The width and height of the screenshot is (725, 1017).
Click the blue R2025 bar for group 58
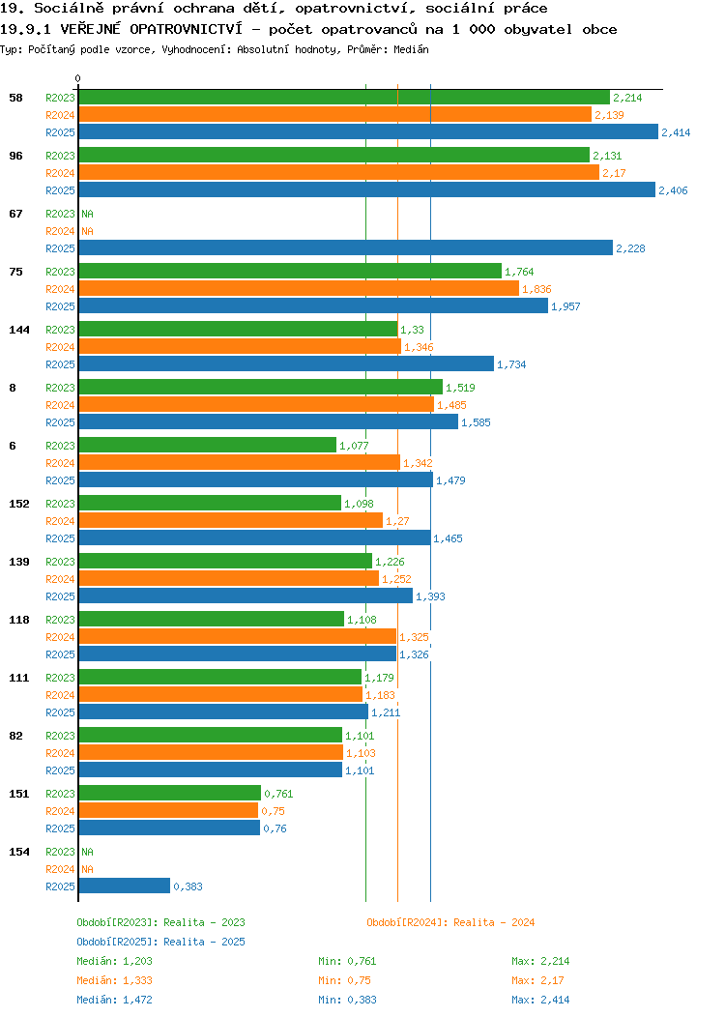(368, 131)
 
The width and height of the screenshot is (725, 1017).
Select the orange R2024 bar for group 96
(338, 172)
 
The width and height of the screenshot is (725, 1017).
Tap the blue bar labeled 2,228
(346, 247)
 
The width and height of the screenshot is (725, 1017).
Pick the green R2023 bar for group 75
(290, 271)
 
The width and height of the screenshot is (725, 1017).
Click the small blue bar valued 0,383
(125, 886)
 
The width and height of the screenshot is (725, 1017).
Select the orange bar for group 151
(168, 811)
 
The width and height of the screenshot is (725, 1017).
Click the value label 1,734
(511, 364)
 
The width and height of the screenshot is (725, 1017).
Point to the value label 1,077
(354, 446)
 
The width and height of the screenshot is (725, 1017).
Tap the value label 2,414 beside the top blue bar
(676, 132)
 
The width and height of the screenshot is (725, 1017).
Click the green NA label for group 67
(88, 214)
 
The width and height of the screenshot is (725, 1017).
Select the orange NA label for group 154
(88, 869)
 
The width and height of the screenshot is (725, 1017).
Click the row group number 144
(19, 330)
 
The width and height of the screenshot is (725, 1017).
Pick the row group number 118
(19, 620)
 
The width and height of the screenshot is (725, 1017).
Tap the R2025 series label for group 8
(60, 422)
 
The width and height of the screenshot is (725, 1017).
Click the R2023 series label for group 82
(60, 736)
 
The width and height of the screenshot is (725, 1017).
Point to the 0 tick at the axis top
(78, 78)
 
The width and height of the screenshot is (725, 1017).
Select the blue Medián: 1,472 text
(115, 1000)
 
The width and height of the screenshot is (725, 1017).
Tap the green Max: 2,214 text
(540, 961)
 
